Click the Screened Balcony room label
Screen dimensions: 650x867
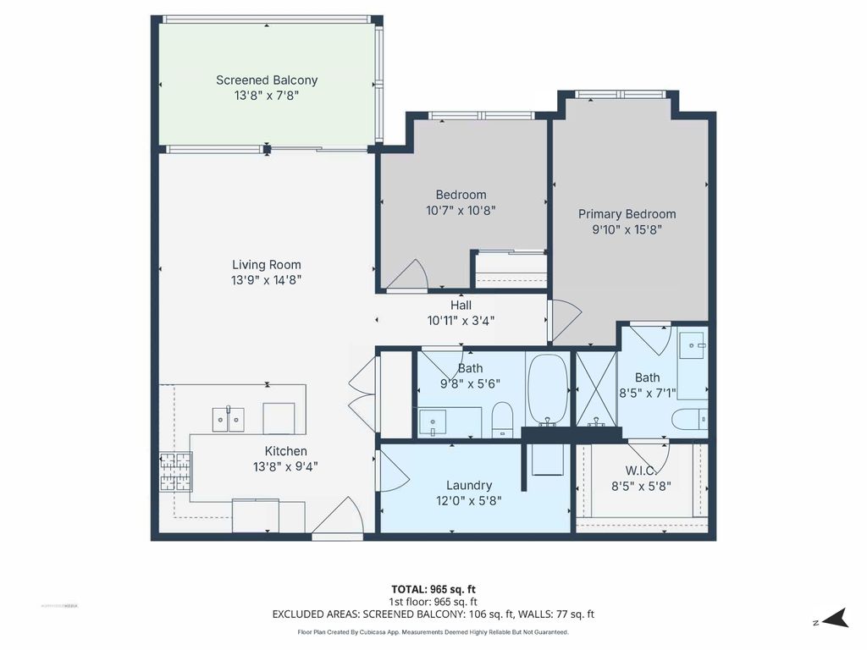pyautogui.click(x=267, y=80)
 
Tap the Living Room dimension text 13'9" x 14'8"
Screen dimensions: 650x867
pyautogui.click(x=267, y=279)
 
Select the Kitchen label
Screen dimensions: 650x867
pyautogui.click(x=285, y=451)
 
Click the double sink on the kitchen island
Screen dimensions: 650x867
pyautogui.click(x=228, y=418)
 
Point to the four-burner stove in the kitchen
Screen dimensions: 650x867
pyautogui.click(x=175, y=472)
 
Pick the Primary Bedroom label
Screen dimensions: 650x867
pyautogui.click(x=627, y=214)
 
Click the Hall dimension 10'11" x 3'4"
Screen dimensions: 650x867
pyautogui.click(x=461, y=320)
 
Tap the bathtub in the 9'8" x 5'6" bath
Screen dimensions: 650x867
pyautogui.click(x=548, y=389)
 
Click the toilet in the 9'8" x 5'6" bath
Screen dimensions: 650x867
pyautogui.click(x=503, y=419)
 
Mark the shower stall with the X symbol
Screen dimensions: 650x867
pyautogui.click(x=596, y=389)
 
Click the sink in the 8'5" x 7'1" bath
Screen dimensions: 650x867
pyautogui.click(x=693, y=344)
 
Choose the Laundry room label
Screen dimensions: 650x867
pyautogui.click(x=469, y=485)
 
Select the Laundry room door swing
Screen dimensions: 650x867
pyautogui.click(x=390, y=471)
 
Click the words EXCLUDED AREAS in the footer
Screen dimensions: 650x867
pyautogui.click(x=311, y=614)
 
